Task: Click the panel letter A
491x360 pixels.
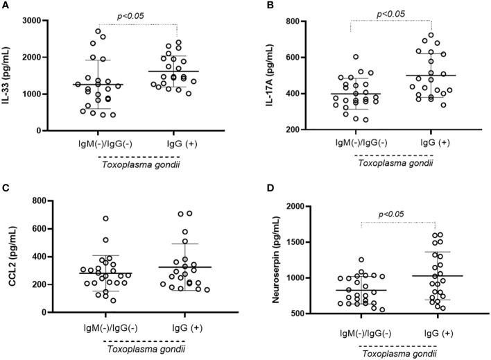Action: (6, 6)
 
